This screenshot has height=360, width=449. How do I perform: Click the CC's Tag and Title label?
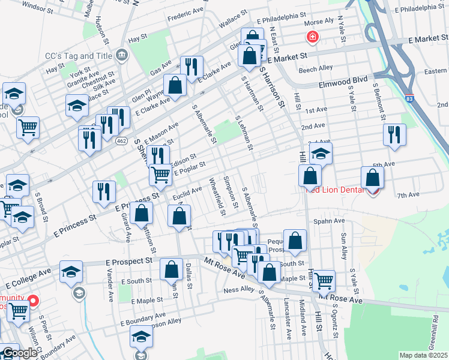click(x=79, y=56)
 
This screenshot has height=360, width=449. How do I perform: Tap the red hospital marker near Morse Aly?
click(x=312, y=38)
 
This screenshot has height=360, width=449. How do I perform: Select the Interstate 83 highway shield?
click(x=409, y=98)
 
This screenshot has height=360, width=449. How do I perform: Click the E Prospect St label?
click(x=128, y=262)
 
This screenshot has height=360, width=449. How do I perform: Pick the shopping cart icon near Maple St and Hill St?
click(x=324, y=280)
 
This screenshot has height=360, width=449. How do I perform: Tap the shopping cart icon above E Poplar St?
click(x=160, y=175)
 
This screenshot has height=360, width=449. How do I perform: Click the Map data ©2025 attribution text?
click(x=423, y=355)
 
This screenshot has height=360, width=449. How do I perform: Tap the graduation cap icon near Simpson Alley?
click(x=142, y=337)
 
